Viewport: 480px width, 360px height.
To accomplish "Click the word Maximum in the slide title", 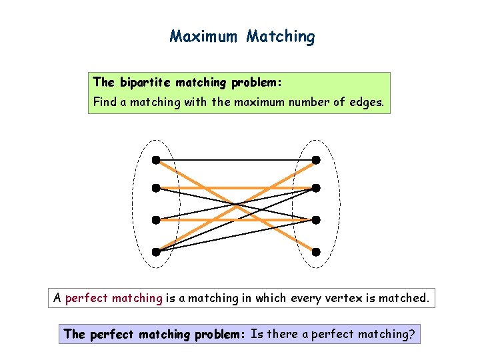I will [x=205, y=36].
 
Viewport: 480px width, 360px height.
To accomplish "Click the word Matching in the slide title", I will [x=280, y=36].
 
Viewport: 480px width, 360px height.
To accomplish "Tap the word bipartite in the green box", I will [x=145, y=83].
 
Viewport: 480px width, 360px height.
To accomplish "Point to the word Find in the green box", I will [x=104, y=102].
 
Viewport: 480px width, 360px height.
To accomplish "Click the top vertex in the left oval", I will [x=155, y=160].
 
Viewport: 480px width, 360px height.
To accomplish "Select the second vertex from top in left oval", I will [x=155, y=188].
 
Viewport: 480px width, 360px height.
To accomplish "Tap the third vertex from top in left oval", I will [x=155, y=219].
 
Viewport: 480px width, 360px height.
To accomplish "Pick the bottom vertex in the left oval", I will [x=155, y=252].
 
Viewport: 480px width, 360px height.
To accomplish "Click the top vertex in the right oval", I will [x=317, y=160].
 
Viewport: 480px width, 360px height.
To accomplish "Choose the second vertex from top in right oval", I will [x=317, y=188].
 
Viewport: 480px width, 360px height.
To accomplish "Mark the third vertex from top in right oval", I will [x=317, y=219].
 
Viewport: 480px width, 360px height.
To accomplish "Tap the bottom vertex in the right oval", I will [x=317, y=252].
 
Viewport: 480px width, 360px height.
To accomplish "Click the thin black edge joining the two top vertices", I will [x=236, y=160].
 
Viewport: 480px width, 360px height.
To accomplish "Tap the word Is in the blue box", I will [x=257, y=334].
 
